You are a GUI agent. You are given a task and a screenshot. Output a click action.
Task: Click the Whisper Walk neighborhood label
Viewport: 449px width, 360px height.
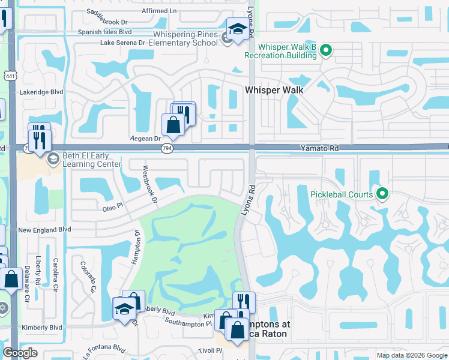point(274,89)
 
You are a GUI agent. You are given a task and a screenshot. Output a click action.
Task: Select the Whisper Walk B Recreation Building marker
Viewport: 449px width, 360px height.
point(325,50)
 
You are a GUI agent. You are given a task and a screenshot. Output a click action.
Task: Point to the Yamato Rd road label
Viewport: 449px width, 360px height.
point(319,147)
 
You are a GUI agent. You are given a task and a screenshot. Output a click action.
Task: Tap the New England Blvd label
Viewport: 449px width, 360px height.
point(44,229)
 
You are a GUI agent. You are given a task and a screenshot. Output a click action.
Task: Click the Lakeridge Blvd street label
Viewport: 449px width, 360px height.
point(41,92)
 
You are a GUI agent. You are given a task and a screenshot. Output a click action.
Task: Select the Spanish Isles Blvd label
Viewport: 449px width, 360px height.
point(104,32)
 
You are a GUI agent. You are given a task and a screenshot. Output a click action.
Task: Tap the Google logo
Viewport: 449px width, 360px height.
point(20,353)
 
